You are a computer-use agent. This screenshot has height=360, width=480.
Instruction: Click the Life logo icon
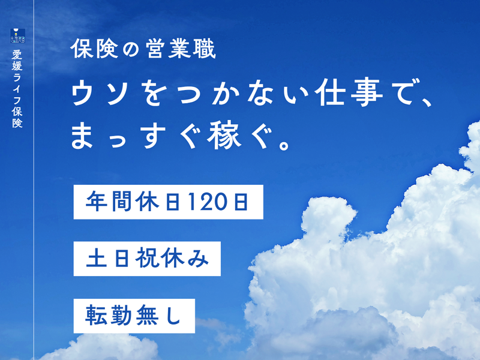(17, 36)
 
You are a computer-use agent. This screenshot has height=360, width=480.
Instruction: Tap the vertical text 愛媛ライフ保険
(17, 89)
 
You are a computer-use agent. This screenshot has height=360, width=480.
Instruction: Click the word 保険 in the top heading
(94, 49)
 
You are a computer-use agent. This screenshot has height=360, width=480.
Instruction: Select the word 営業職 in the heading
(181, 49)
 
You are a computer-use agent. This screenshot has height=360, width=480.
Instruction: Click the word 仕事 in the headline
(350, 92)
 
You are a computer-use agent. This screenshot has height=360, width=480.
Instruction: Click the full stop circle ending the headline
(284, 145)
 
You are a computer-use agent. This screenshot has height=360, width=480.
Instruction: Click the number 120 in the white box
(206, 202)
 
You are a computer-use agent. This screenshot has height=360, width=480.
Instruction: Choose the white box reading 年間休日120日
(169, 202)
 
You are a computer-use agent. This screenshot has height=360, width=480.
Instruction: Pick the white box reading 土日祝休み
(147, 259)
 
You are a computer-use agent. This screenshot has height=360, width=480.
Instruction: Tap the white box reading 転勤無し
(134, 316)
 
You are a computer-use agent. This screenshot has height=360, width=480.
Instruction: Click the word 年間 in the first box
(109, 202)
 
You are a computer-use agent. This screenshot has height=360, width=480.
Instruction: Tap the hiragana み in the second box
(199, 259)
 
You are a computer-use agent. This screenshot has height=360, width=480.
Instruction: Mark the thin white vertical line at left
(34, 180)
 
